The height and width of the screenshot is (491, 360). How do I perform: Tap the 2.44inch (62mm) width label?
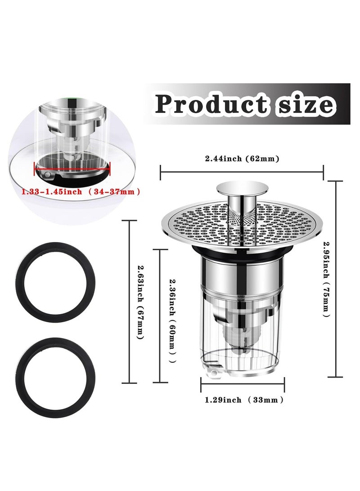coord(242,158)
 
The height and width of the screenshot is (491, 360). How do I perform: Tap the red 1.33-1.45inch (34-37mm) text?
coord(81,192)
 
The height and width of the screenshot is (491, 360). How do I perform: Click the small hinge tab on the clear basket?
coord(211,372)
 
